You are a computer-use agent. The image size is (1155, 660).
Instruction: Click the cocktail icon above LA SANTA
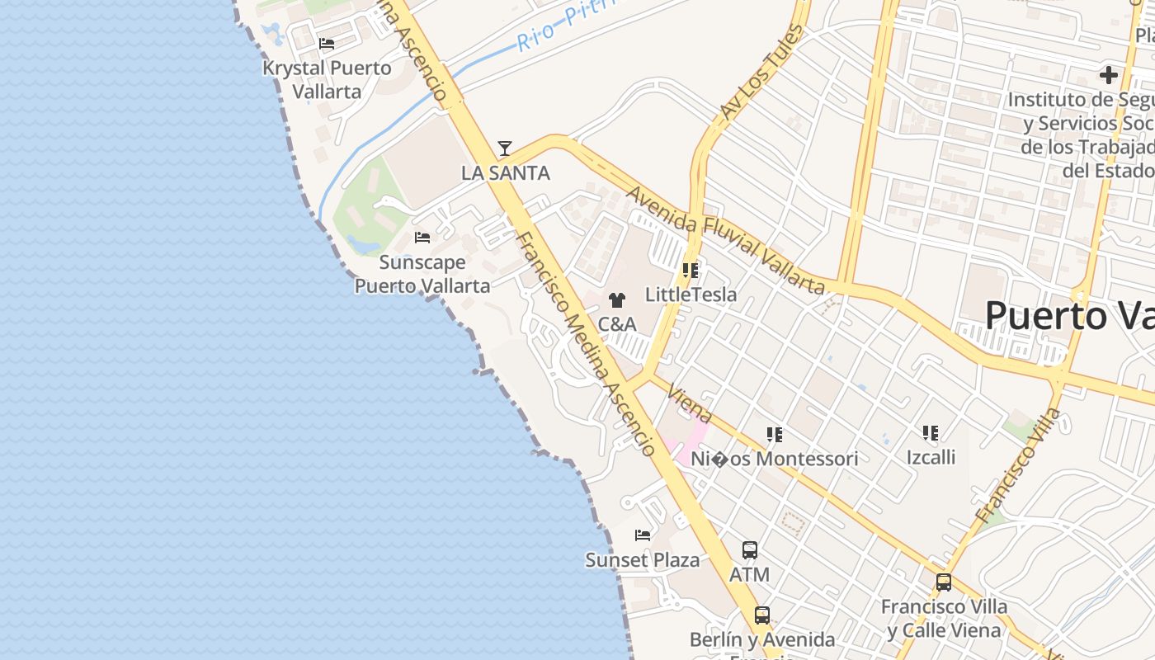[505, 148]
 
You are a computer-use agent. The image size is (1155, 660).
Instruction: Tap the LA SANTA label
[505, 173]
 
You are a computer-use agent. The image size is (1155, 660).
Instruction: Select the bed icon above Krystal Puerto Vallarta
[327, 44]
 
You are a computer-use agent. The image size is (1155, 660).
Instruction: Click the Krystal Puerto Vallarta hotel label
[328, 79]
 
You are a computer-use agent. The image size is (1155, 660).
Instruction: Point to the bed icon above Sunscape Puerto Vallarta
[422, 238]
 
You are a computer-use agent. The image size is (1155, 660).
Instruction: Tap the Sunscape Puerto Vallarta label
[422, 274]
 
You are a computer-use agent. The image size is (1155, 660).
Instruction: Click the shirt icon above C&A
[617, 300]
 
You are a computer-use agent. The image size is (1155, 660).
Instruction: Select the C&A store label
[617, 324]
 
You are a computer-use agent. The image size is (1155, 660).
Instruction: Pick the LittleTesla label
[691, 295]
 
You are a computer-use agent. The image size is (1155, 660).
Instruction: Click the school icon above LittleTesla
[691, 271]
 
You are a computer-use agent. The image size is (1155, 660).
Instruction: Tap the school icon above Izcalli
[931, 433]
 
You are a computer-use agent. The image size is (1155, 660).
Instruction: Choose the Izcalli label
[931, 457]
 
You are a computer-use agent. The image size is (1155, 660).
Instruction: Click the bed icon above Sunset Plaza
[643, 535]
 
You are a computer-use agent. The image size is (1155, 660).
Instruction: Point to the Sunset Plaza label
[643, 560]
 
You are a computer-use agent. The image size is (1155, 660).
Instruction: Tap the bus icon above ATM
[750, 550]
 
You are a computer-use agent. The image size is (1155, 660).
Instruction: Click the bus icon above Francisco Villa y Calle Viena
[944, 582]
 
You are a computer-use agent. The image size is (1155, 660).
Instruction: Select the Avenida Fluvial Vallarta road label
[726, 240]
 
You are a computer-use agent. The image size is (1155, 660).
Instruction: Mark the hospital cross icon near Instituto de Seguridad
[1109, 76]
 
